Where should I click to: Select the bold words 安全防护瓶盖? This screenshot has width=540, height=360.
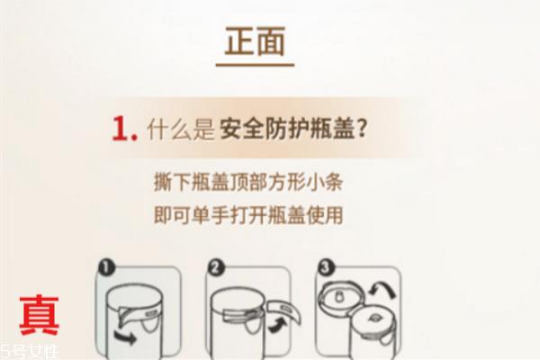288,130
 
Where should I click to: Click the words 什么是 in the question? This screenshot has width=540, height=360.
178,130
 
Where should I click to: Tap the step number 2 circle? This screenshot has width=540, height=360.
217,267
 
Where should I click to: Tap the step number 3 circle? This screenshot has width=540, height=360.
326,267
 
